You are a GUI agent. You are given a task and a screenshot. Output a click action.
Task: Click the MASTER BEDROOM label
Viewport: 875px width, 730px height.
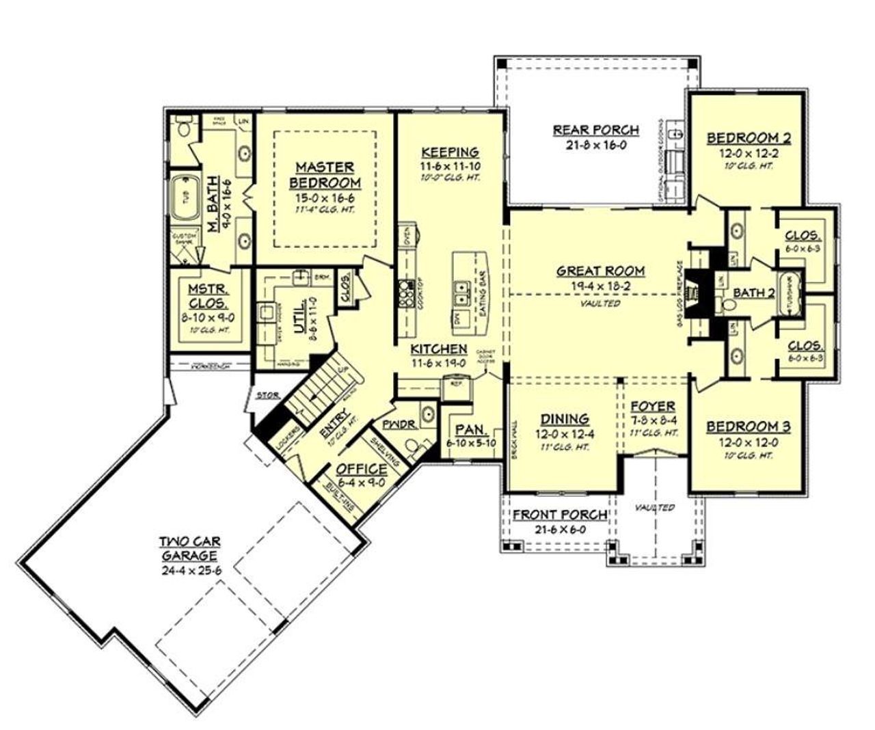pyautogui.click(x=325, y=175)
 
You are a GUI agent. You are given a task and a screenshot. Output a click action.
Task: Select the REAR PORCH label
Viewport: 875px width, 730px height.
pyautogui.click(x=596, y=129)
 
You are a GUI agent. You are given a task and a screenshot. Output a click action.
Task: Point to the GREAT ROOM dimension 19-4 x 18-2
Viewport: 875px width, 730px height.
pyautogui.click(x=600, y=287)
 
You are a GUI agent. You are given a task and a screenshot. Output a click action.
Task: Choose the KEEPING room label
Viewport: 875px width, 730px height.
pyautogui.click(x=450, y=152)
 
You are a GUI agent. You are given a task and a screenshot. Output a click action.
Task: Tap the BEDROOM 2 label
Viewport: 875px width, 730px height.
pyautogui.click(x=749, y=139)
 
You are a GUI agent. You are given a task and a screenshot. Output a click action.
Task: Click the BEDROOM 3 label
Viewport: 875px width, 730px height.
pyautogui.click(x=749, y=427)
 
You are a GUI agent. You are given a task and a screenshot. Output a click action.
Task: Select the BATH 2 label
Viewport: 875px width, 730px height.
pyautogui.click(x=754, y=293)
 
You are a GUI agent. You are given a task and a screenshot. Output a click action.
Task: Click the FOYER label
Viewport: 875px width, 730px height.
pyautogui.click(x=653, y=406)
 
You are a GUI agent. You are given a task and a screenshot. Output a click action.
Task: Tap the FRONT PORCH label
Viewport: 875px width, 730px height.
pyautogui.click(x=560, y=515)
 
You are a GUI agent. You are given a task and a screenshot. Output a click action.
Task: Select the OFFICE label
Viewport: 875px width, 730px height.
pyautogui.click(x=362, y=469)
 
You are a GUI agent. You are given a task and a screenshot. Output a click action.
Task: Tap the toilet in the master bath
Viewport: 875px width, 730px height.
pyautogui.click(x=183, y=128)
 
